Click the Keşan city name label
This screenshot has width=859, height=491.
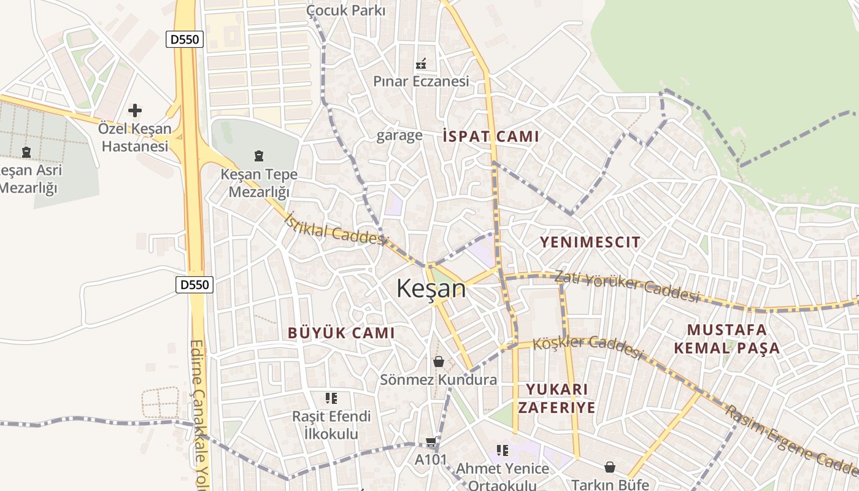431,288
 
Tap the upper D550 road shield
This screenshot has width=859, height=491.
184,40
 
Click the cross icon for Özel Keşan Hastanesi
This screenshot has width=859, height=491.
135,110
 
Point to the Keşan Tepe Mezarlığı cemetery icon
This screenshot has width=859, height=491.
258,156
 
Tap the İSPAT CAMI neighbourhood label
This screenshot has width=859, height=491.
491,136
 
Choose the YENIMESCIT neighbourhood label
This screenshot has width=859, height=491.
590,242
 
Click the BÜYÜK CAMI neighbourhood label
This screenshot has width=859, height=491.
341,333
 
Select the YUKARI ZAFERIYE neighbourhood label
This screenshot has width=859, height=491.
557,398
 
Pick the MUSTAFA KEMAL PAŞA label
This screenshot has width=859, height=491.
727,339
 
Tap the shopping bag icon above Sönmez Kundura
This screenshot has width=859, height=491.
438,361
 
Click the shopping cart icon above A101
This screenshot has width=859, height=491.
431,442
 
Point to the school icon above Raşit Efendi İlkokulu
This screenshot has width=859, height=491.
331,398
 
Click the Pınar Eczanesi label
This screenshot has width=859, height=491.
421,81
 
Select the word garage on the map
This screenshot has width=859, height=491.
399,135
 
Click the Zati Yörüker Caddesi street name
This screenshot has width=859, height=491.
626,287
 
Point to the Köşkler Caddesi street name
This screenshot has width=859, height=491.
587,346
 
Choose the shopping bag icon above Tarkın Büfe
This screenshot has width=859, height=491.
609,467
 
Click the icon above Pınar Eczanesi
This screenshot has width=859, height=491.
421,63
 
